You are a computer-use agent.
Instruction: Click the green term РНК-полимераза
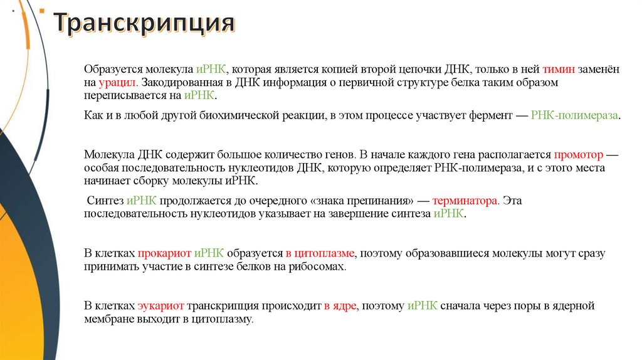point(574,116)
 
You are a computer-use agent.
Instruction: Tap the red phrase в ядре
point(339,306)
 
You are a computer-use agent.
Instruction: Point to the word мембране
point(107,319)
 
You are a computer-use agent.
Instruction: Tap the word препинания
point(380,201)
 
